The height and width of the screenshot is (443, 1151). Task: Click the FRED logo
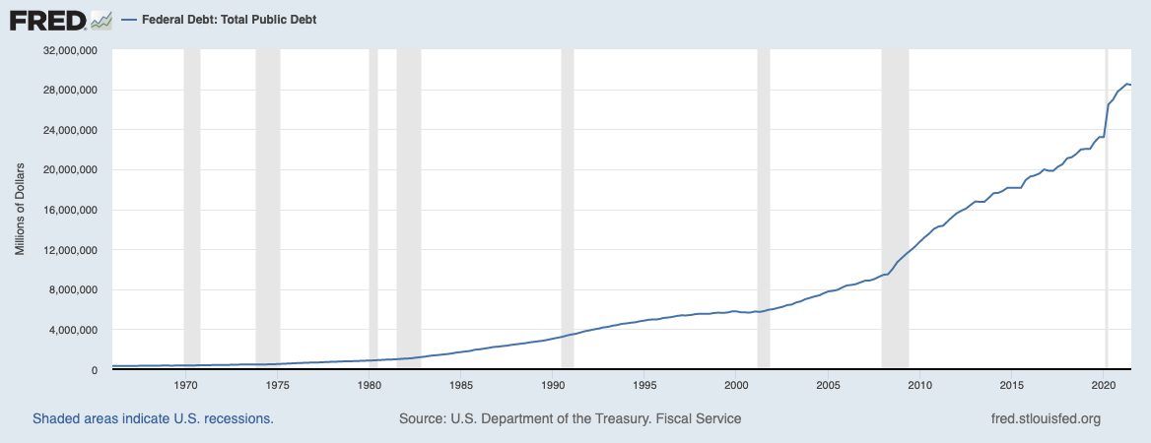(59, 20)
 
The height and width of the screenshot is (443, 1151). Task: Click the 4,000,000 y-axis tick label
(72, 330)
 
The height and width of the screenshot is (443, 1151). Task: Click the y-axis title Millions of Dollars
(19, 210)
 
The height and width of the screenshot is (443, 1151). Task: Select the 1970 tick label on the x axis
(185, 385)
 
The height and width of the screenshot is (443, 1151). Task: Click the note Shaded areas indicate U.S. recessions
(153, 419)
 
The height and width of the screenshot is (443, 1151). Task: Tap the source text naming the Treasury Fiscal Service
(570, 419)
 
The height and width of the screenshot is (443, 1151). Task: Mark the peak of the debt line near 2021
(1126, 85)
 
